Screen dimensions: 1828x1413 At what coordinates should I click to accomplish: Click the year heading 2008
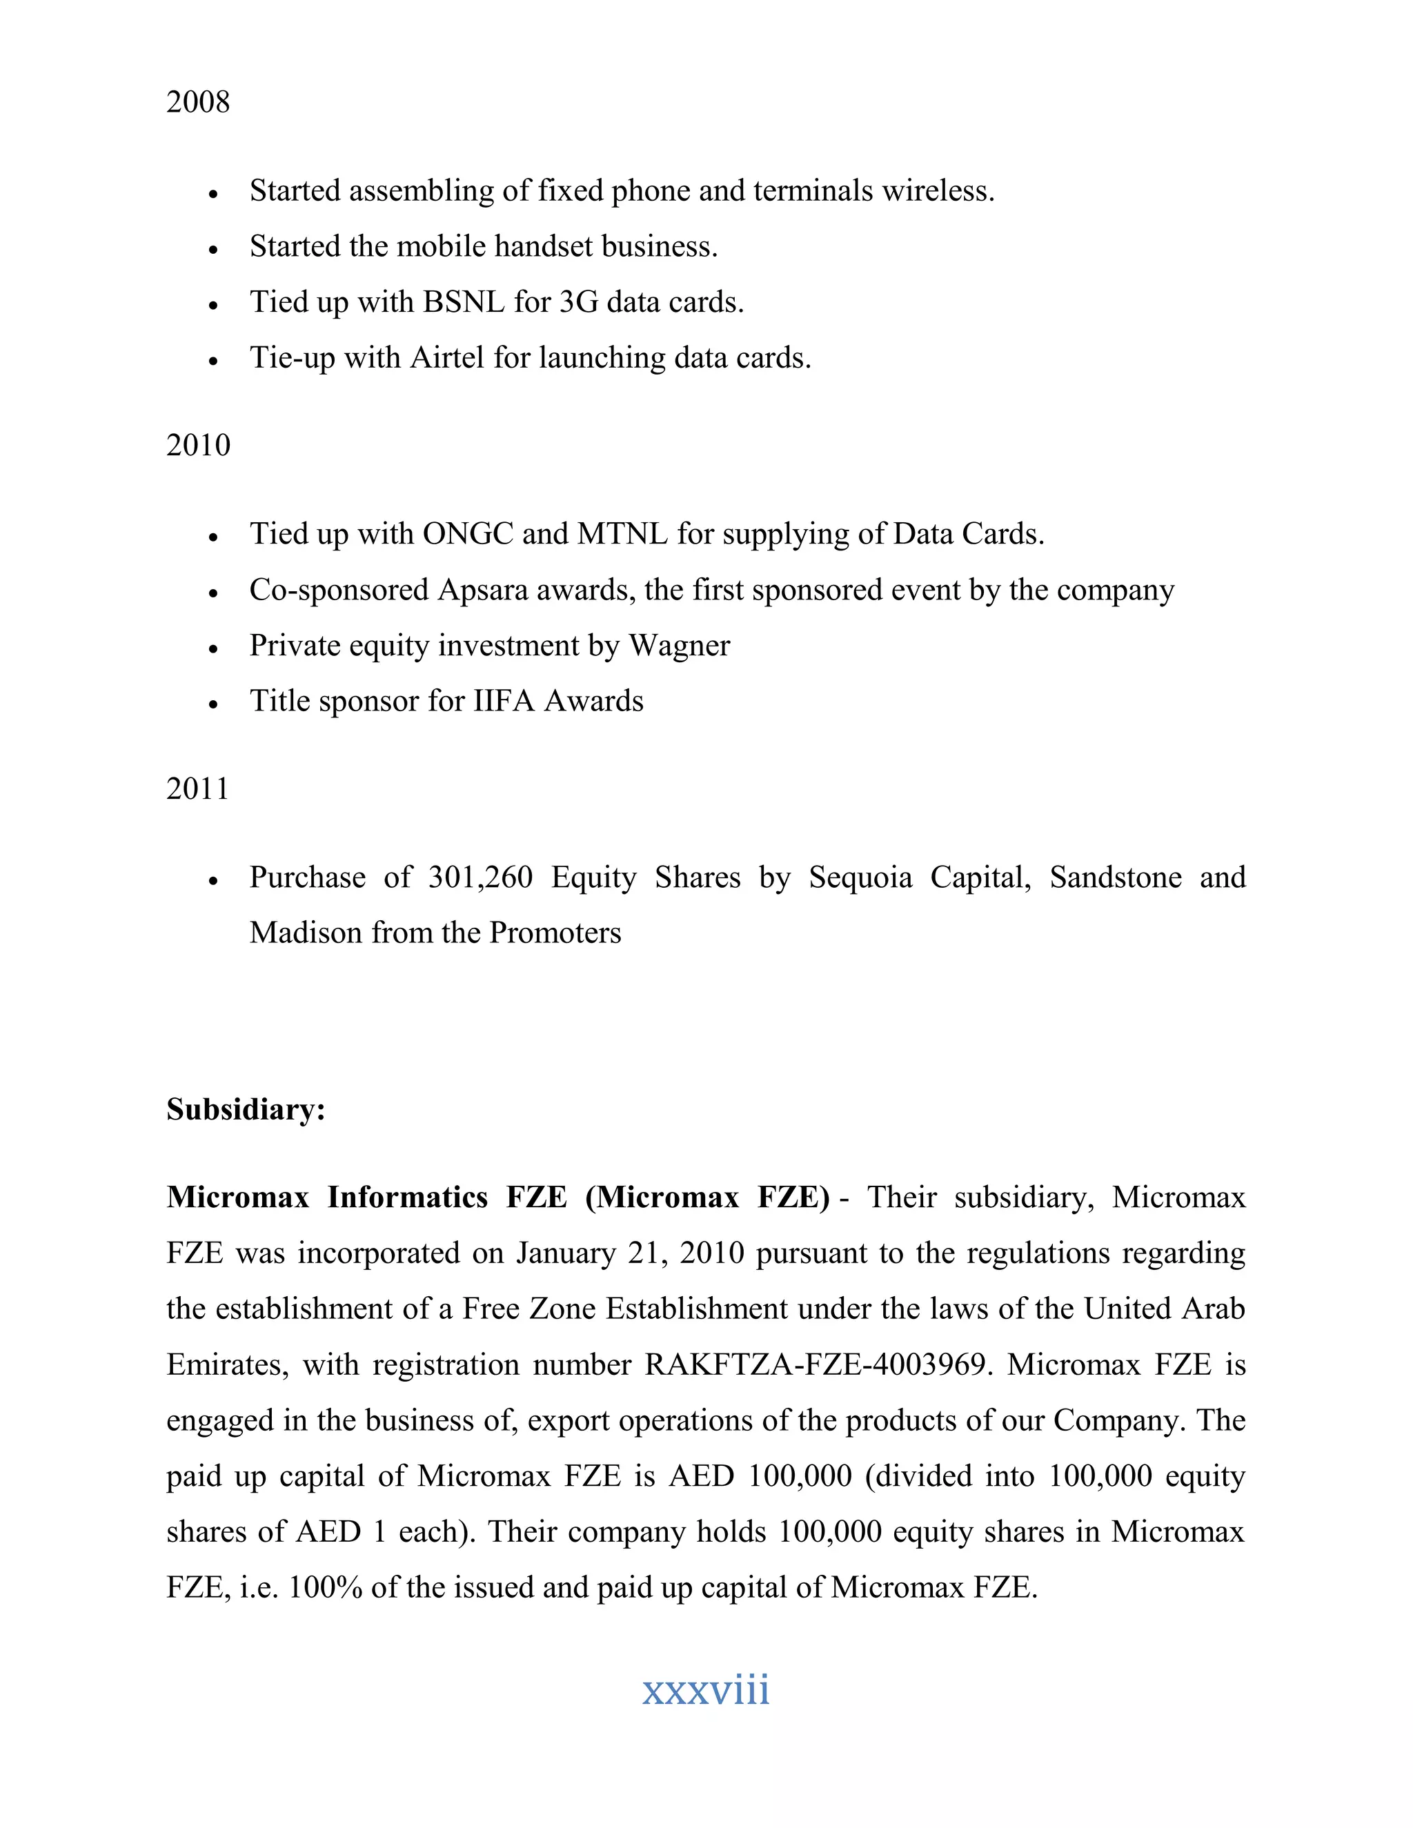coord(197,102)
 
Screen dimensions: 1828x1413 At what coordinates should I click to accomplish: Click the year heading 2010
coord(197,446)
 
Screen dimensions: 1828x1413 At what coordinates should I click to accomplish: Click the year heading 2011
coord(197,788)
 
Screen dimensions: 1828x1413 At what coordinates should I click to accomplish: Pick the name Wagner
coord(679,646)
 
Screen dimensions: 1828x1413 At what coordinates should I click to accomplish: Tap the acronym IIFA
coord(504,702)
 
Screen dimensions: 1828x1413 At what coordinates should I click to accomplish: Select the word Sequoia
coord(860,877)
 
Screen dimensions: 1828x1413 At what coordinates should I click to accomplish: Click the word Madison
coord(306,933)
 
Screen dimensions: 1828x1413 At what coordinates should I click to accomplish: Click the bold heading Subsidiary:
coord(245,1110)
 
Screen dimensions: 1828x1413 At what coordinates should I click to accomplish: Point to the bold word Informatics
coord(407,1198)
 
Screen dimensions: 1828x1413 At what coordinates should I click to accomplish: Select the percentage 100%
coord(325,1588)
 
